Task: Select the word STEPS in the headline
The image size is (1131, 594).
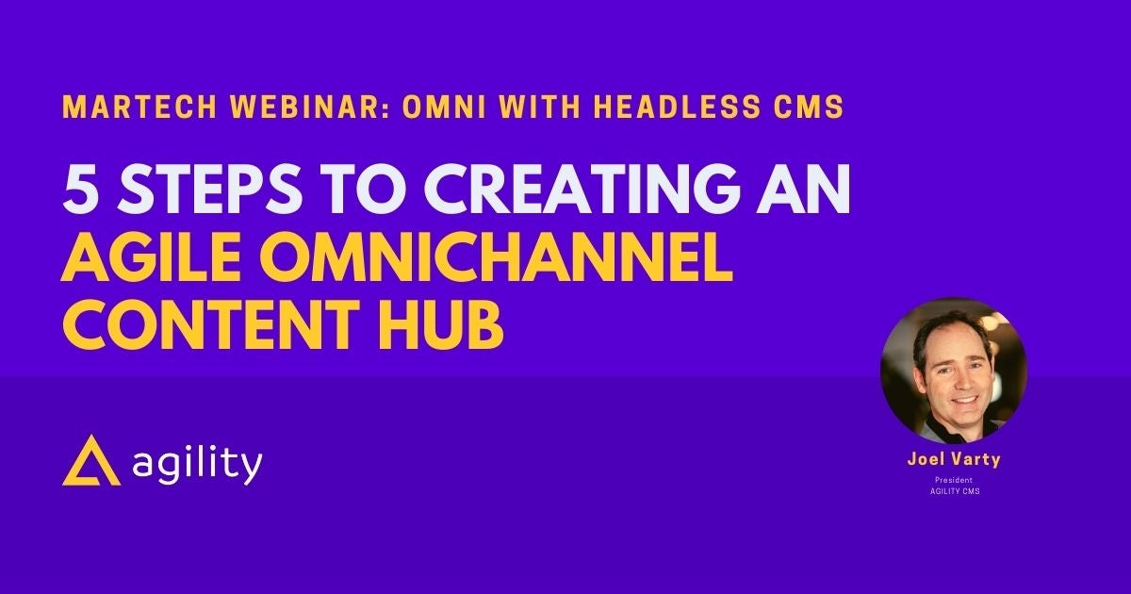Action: pyautogui.click(x=209, y=191)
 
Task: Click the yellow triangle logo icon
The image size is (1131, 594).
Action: pyautogui.click(x=91, y=460)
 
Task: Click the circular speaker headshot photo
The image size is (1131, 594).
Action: pyautogui.click(x=954, y=371)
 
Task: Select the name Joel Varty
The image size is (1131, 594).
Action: pyautogui.click(x=954, y=459)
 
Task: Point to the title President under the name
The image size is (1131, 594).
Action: pyautogui.click(x=954, y=480)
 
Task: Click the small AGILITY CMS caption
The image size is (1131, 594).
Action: pyautogui.click(x=954, y=491)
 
